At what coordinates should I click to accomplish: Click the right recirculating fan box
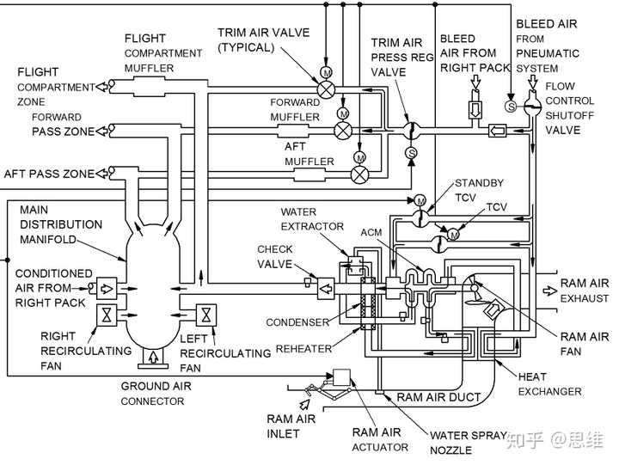[107, 315]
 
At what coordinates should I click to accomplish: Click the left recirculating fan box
[206, 315]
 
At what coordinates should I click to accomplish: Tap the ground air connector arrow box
[153, 357]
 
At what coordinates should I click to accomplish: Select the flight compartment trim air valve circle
[327, 89]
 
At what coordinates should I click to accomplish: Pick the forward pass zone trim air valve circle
[343, 131]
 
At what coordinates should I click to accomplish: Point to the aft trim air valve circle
[359, 174]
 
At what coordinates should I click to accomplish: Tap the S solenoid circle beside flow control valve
[512, 106]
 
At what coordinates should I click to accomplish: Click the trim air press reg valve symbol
[411, 131]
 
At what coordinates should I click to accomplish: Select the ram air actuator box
[341, 377]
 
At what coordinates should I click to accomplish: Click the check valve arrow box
[326, 289]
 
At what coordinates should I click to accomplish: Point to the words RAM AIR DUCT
[438, 397]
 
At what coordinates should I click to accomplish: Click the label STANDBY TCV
[479, 190]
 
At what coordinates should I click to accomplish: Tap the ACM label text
[371, 232]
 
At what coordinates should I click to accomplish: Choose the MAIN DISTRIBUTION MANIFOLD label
[61, 224]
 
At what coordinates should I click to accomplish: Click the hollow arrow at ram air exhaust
[549, 291]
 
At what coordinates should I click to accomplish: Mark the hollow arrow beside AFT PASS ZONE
[101, 173]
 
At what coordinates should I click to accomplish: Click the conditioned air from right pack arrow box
[107, 289]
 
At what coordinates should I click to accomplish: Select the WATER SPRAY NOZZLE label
[469, 443]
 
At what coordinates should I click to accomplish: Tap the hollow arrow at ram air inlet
[304, 404]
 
